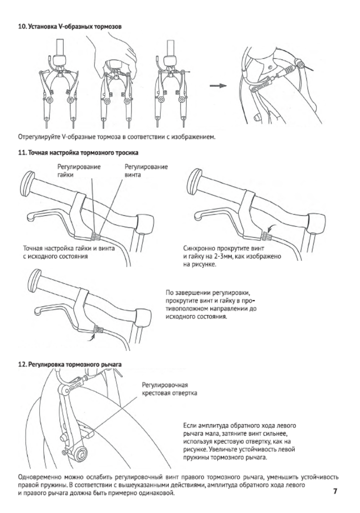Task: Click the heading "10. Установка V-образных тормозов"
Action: coord(70,26)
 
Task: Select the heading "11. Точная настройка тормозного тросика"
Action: coord(78,153)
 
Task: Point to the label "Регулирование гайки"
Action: coord(79,171)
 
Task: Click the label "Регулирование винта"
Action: coord(146,171)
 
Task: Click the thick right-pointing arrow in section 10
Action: coord(218,85)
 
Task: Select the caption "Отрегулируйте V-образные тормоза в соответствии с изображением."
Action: coord(117,137)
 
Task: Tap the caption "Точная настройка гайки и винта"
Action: coord(69,248)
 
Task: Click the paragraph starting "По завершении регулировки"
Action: coord(211,304)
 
